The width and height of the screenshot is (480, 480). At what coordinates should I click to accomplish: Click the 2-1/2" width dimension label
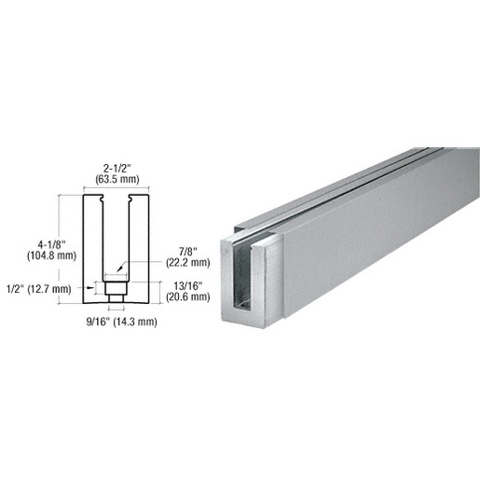click(x=117, y=168)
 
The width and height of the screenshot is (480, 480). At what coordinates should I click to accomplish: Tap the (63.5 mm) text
click(x=117, y=179)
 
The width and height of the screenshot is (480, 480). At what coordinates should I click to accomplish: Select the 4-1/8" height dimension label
click(x=51, y=244)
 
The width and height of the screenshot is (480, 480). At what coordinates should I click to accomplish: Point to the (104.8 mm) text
click(x=51, y=255)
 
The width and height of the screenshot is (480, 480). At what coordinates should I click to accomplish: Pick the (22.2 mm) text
click(x=188, y=263)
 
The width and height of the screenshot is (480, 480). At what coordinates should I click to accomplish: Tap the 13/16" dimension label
click(x=188, y=285)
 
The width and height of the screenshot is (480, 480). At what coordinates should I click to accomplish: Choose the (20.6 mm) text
click(x=188, y=297)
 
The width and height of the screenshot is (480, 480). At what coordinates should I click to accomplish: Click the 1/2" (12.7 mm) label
click(x=39, y=289)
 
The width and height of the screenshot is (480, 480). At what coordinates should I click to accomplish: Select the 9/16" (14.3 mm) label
click(x=121, y=322)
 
